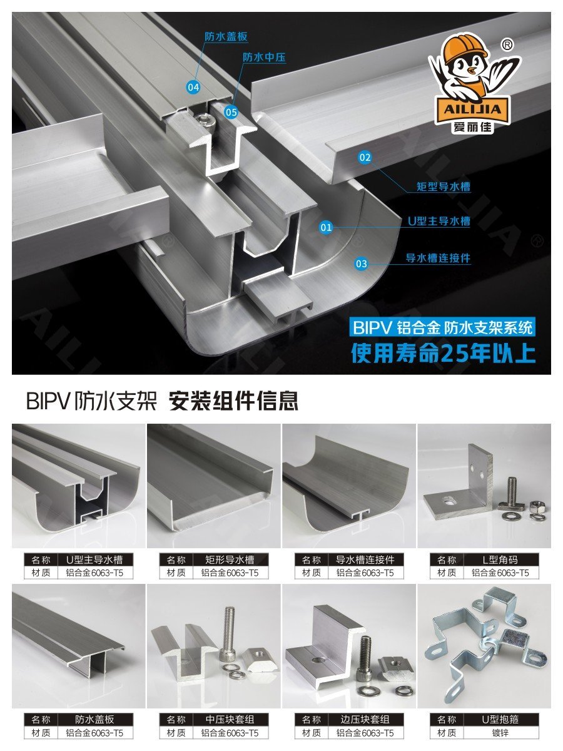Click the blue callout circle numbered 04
(193, 87)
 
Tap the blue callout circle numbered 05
(231, 112)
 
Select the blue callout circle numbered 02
(365, 157)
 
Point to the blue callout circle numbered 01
(326, 227)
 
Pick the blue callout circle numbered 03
(362, 264)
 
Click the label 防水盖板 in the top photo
(226, 36)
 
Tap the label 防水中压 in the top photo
(264, 57)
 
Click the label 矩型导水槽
(444, 186)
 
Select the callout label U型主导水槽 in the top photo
(439, 222)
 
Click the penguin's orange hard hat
(462, 49)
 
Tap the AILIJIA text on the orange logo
(472, 110)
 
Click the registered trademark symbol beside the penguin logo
(507, 45)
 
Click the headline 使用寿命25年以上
(444, 353)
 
